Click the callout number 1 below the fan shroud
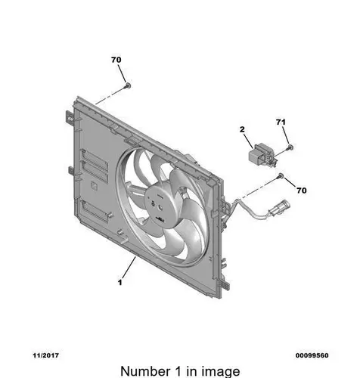120,282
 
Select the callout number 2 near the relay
242,129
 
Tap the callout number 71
281,122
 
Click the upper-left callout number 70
116,60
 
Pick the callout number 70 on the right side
302,191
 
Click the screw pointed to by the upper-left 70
128,85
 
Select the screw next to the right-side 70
281,175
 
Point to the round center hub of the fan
158,206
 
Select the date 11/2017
46,355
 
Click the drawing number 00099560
312,355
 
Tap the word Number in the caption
145,371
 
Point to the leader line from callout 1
129,267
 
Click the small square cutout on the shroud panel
95,187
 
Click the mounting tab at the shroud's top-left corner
70,117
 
